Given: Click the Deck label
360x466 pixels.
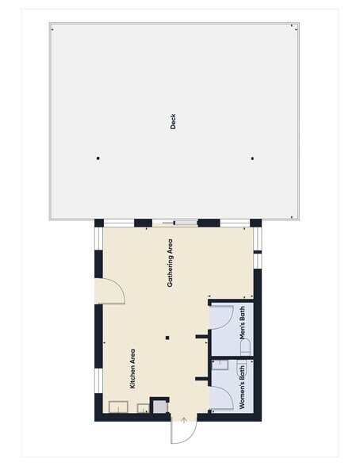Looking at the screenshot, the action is click(173, 121).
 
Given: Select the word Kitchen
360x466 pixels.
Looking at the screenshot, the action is click(132, 379).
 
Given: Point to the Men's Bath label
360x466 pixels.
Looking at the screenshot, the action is click(243, 323).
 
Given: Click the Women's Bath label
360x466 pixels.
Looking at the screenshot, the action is click(242, 387).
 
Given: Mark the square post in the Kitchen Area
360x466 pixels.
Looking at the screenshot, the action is click(167, 338).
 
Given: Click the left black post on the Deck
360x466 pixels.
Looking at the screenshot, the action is click(98, 159).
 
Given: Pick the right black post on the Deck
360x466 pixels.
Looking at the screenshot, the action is click(252, 159).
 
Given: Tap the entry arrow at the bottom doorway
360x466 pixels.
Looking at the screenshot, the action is click(184, 420).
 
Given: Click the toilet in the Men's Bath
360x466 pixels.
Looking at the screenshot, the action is click(246, 347).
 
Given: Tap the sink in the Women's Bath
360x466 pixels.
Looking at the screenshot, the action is click(220, 365).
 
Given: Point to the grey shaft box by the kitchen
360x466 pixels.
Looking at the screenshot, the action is click(160, 407).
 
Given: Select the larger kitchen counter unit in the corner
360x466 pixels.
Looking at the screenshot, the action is click(118, 407).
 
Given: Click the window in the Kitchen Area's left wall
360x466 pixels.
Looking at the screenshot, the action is click(98, 380).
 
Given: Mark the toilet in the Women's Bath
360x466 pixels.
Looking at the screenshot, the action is click(241, 369).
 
